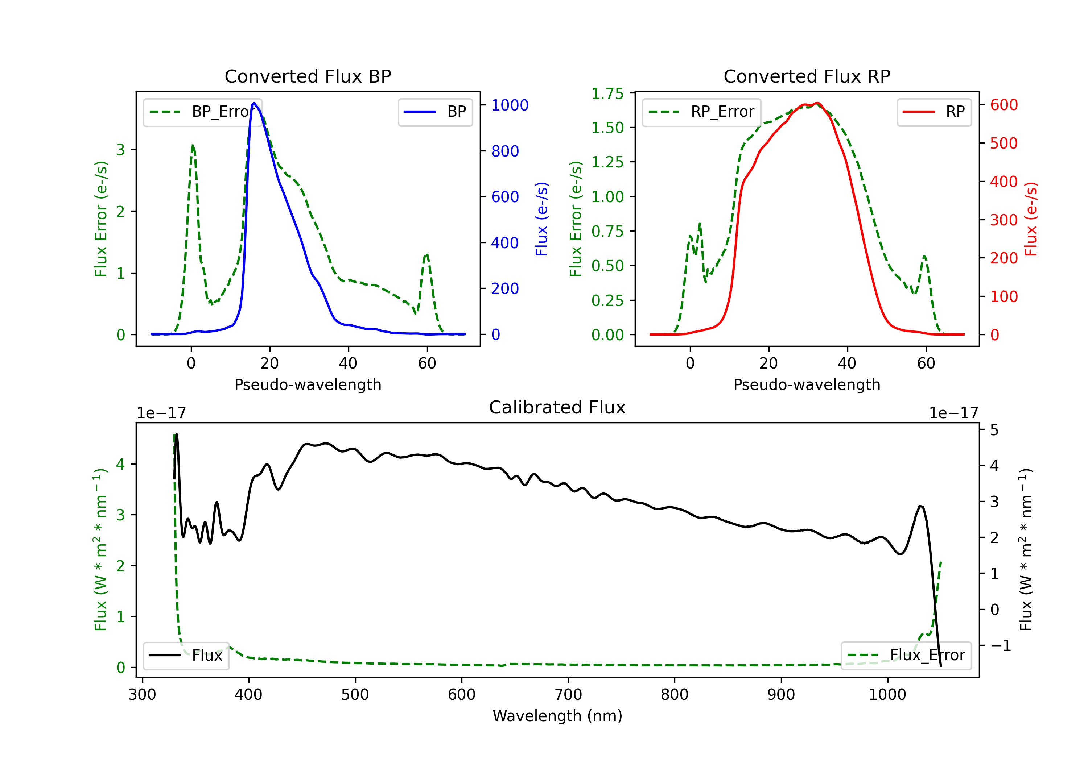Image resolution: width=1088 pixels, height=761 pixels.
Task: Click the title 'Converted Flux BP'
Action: [x=308, y=76]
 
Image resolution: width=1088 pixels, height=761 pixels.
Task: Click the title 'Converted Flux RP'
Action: [x=807, y=76]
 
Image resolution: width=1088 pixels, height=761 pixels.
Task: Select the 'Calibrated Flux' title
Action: [x=557, y=407]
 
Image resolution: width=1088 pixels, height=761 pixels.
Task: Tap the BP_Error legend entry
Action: [x=202, y=112]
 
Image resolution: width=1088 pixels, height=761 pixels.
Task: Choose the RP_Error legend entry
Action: [x=701, y=112]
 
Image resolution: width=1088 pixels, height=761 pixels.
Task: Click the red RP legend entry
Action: [x=934, y=112]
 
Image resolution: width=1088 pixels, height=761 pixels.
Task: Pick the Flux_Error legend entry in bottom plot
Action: [x=906, y=656]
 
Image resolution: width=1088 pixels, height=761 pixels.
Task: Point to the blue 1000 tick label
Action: [x=510, y=105]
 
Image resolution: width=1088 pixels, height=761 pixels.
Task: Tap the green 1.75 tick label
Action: [x=607, y=93]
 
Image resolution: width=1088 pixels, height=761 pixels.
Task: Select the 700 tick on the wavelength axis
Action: [x=568, y=695]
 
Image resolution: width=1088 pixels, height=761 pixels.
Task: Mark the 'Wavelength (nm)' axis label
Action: [x=557, y=716]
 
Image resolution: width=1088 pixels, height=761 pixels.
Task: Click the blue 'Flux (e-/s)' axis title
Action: [x=541, y=219]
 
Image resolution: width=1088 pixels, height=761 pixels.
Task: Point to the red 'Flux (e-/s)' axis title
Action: [x=1031, y=219]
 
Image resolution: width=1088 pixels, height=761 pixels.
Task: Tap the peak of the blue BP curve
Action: [x=254, y=103]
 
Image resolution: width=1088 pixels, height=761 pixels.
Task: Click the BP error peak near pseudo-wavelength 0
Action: [x=192, y=146]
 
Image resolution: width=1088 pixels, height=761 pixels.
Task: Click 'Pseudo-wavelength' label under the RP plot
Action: [x=807, y=384]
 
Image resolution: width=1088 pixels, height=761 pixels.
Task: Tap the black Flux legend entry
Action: [x=186, y=656]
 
